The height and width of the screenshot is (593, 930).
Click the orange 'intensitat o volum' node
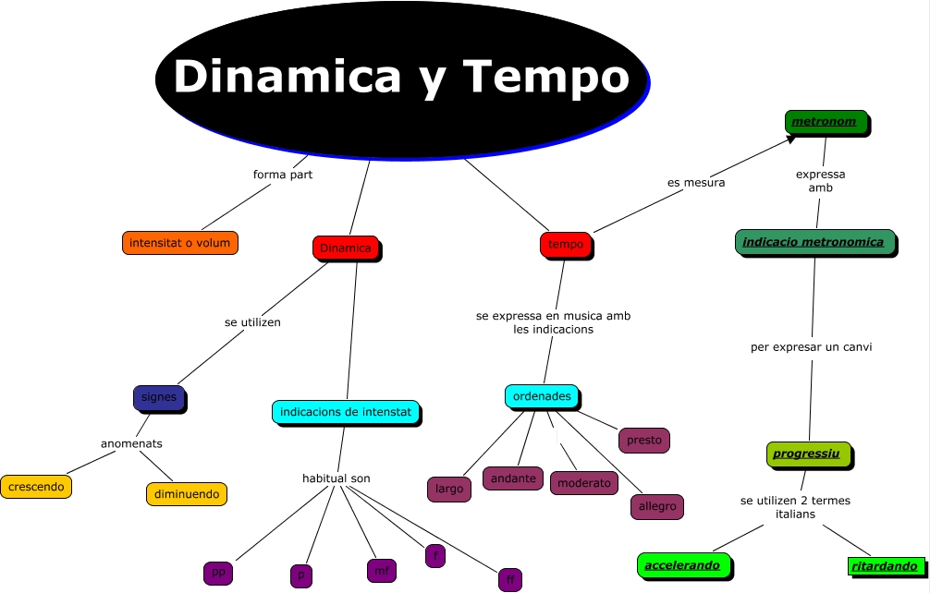click(x=180, y=243)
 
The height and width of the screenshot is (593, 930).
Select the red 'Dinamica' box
click(x=345, y=248)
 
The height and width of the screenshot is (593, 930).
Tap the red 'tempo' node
click(x=566, y=244)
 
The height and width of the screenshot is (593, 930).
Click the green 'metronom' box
click(x=826, y=121)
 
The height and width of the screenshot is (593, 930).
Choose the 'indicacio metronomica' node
click(x=814, y=242)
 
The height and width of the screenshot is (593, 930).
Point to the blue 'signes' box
click(x=159, y=397)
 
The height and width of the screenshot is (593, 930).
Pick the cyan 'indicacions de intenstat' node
click(x=345, y=411)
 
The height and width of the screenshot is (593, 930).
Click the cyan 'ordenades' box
click(x=542, y=396)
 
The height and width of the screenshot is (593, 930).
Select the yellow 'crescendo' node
click(x=35, y=485)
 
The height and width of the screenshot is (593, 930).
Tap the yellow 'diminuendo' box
click(x=187, y=493)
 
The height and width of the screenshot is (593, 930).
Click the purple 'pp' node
click(x=218, y=572)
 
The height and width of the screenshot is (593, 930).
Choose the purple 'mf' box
click(x=381, y=571)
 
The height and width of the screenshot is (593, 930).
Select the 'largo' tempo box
click(x=449, y=489)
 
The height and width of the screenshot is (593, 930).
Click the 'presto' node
click(x=643, y=440)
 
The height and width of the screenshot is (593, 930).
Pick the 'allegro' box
click(x=657, y=506)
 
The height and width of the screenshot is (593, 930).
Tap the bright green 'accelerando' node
click(x=683, y=564)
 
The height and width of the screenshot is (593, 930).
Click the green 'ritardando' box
click(x=885, y=565)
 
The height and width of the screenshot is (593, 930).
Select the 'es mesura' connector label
click(x=696, y=182)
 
